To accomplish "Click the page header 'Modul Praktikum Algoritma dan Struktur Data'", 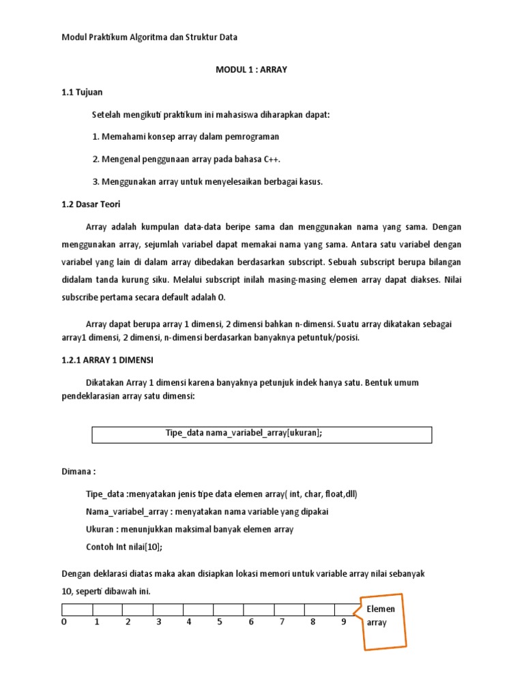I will [x=149, y=37].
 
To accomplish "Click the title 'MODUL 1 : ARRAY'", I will [x=251, y=70].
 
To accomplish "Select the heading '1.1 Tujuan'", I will [x=82, y=92].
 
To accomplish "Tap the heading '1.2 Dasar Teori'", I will [x=91, y=203].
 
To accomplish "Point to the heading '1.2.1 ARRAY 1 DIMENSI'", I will [x=113, y=361].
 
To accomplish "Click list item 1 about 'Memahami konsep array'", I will [x=186, y=136].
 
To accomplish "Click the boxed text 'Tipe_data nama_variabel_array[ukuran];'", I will [x=244, y=434].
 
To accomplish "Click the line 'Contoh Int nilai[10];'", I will [x=124, y=547].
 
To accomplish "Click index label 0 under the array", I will [x=64, y=622].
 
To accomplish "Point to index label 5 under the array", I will [x=220, y=622].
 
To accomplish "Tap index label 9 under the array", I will [x=344, y=622].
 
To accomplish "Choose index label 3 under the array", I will [x=158, y=622].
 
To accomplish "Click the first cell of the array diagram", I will [x=77, y=609].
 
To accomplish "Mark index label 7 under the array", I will [x=282, y=622].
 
